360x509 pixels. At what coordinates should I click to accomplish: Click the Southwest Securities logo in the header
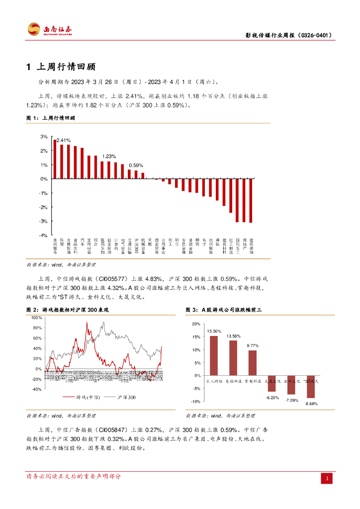tap(49, 30)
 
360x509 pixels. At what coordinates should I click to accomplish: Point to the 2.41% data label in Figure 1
tap(63, 140)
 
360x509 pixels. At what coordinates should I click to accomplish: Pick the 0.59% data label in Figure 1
tap(136, 166)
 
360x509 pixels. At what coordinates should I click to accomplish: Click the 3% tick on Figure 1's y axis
tap(44, 136)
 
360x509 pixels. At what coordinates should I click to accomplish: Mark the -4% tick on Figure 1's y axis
tap(43, 235)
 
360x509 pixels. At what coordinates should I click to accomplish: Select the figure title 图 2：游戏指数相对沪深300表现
tap(67, 310)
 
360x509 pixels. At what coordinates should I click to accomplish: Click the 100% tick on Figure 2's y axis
tap(36, 318)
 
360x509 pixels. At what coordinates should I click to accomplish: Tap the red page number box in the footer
tap(327, 478)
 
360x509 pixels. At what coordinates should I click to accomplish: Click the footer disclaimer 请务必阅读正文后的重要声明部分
tap(74, 477)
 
